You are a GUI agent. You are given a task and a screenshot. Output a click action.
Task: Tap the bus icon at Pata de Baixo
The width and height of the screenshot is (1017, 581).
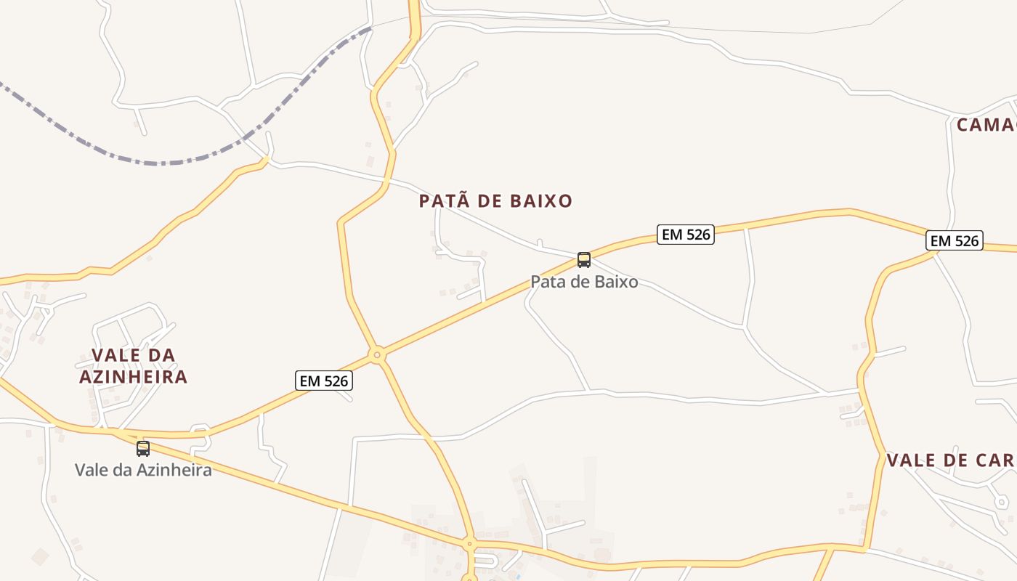[584, 259]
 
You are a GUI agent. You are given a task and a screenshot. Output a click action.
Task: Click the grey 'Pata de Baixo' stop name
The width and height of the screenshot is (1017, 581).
[584, 282]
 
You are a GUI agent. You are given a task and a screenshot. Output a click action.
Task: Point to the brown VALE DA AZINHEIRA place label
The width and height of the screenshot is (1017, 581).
[134, 366]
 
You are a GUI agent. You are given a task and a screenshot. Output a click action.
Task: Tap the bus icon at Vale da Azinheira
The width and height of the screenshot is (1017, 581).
[143, 448]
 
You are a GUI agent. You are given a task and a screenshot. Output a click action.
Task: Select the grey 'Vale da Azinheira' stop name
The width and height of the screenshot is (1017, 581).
[143, 470]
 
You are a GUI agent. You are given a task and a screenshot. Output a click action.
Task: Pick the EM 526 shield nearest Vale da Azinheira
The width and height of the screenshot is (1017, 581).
[324, 381]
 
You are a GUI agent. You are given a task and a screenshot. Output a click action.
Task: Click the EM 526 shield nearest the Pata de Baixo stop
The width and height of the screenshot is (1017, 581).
[685, 234]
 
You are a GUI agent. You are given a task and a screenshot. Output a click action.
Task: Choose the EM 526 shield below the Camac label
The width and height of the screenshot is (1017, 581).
[954, 240]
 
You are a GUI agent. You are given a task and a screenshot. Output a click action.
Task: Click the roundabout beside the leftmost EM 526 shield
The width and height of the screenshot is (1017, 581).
[376, 355]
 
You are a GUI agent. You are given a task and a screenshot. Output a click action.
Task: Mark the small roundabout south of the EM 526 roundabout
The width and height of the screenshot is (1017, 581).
[469, 543]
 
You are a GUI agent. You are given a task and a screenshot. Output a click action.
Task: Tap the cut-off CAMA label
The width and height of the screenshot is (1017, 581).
[986, 125]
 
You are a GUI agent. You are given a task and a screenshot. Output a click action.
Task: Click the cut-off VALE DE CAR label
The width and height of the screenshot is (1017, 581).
[950, 460]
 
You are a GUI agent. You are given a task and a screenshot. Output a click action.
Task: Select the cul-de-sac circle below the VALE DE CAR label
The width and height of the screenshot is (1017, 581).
[1002, 502]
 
